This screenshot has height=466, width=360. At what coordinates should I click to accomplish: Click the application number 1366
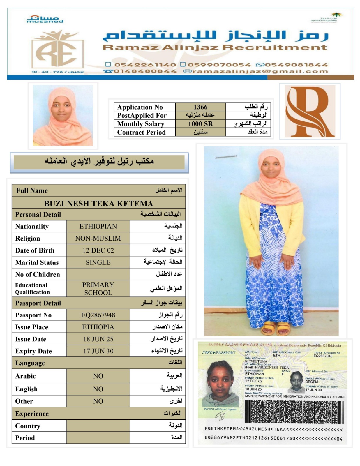pos(200,107)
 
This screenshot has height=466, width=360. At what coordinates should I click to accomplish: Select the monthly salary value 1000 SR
pos(200,124)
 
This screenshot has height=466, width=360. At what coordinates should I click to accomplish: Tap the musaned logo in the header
pos(45,19)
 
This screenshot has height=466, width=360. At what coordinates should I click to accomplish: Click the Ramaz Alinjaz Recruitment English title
pos(215,47)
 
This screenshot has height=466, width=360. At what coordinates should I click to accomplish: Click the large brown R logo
pos(309,112)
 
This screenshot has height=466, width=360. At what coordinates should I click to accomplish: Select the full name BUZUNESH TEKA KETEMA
pos(98,203)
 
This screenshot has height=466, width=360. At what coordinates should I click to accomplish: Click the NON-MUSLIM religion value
pos(98,238)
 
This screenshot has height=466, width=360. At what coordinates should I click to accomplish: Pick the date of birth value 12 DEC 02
pos(98,250)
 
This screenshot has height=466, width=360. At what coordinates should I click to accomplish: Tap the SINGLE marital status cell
pos(98,262)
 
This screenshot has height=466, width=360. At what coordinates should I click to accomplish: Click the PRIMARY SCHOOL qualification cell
pos(98,288)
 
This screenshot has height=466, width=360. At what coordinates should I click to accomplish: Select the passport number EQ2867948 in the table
pos(98,315)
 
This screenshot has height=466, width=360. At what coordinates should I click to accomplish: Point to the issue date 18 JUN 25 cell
pos(98,339)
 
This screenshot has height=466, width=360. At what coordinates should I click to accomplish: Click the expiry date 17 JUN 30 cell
pos(98,351)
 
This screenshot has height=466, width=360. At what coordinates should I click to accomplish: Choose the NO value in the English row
pos(98,389)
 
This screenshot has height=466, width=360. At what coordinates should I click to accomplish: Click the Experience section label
pos(32,414)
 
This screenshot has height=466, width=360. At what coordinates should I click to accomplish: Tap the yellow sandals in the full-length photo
pos(275,328)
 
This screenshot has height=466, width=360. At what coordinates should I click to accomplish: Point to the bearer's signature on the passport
pos(220,417)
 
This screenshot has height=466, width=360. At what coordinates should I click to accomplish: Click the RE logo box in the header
pos(58,51)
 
